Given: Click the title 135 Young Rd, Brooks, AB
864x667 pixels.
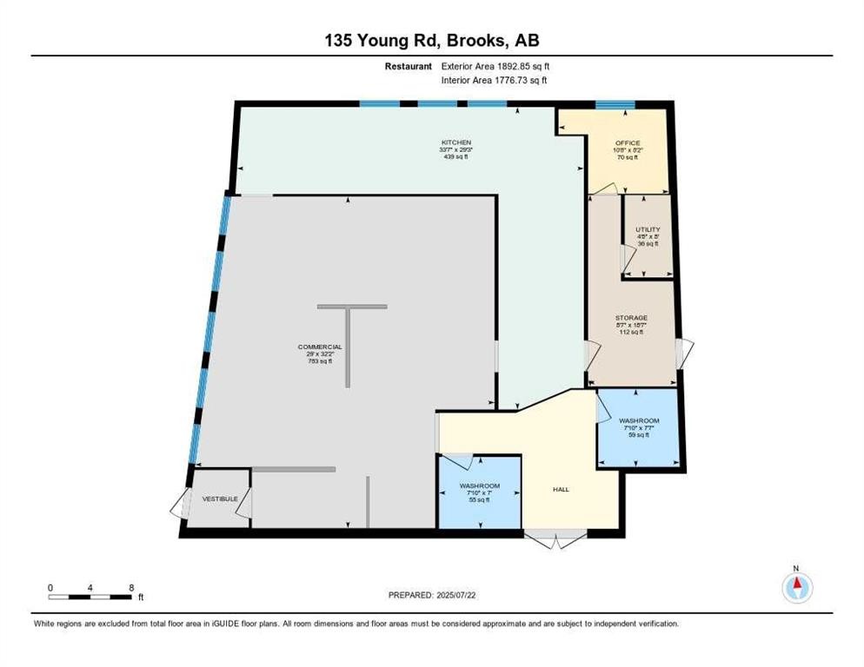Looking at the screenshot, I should tap(431, 40).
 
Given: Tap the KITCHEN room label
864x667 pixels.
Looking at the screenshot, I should tap(455, 142).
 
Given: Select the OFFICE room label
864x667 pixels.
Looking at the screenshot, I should tap(628, 143).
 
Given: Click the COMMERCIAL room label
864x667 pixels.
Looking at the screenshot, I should tap(320, 347).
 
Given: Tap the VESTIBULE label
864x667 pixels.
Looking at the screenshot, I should tap(219, 499).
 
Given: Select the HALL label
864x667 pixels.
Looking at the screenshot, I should tap(561, 490).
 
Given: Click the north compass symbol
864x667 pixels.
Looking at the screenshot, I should tap(796, 588).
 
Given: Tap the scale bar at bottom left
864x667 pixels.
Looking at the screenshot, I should tap(91, 597).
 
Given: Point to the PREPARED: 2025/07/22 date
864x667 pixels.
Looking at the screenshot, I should tap(431, 595).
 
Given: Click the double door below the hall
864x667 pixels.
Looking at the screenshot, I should tap(556, 539).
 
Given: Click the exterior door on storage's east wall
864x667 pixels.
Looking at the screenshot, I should tap(686, 351).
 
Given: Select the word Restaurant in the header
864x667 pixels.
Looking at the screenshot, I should tap(409, 66).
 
